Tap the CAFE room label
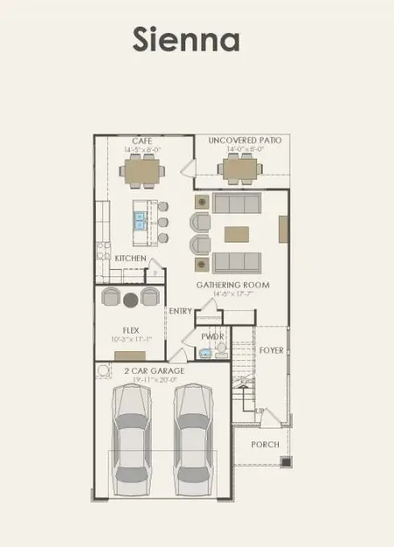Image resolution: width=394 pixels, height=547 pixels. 143,141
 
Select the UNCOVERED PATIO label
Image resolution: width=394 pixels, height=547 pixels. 245,140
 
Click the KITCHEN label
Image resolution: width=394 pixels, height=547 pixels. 130,258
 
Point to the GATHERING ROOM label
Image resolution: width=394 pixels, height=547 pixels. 233,284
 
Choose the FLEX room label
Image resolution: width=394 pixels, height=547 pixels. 131,329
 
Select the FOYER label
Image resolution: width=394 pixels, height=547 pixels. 271,350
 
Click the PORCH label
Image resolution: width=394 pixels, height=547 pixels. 265,445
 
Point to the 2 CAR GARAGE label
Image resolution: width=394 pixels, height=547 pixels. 154,371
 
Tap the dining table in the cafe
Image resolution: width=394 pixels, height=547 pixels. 143,170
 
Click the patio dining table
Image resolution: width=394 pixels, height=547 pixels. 239,169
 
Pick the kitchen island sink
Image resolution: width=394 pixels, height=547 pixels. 140,217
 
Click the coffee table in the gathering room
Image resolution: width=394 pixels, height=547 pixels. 237,234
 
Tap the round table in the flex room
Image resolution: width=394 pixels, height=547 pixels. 131,300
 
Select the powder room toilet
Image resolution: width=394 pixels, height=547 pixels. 220,350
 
